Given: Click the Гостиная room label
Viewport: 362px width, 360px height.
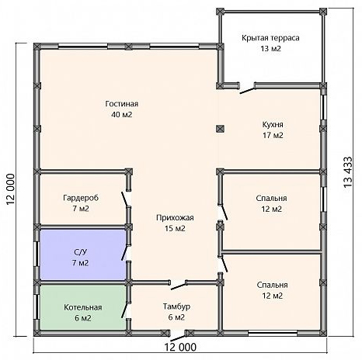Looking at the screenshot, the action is pyautogui.click(x=122, y=104).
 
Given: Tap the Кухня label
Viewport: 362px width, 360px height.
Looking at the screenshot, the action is pyautogui.click(x=273, y=125).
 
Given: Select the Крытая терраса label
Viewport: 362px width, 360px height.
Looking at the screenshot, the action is pyautogui.click(x=270, y=38).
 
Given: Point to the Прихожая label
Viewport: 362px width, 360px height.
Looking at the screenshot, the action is pyautogui.click(x=175, y=218).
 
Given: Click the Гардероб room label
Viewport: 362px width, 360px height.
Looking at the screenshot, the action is pyautogui.click(x=81, y=198).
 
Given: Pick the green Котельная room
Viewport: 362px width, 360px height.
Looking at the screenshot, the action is pyautogui.click(x=82, y=307).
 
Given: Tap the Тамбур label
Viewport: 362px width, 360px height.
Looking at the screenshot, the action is pyautogui.click(x=176, y=306).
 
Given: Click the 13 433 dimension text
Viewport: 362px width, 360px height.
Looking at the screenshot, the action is pyautogui.click(x=349, y=172).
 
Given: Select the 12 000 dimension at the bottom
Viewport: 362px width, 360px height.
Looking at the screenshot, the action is pyautogui.click(x=180, y=347).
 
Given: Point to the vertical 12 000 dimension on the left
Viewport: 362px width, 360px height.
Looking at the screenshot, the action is pyautogui.click(x=11, y=189).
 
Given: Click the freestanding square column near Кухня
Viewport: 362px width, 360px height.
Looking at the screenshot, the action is pyautogui.click(x=220, y=129).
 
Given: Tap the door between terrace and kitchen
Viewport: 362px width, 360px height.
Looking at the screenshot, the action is pyautogui.click(x=247, y=90).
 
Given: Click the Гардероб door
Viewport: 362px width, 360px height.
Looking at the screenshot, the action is pyautogui.click(x=126, y=199).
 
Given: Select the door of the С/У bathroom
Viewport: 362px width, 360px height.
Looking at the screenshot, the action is pyautogui.click(x=125, y=252).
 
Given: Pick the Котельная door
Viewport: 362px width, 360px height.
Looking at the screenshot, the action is pyautogui.click(x=125, y=310).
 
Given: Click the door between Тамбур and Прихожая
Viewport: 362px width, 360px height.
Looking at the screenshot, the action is pyautogui.click(x=179, y=286).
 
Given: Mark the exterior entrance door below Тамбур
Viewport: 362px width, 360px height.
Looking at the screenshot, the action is pyautogui.click(x=178, y=338).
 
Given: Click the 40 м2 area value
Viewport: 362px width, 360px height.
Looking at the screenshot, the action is pyautogui.click(x=122, y=115).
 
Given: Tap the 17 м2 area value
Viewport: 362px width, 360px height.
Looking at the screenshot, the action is pyautogui.click(x=273, y=135).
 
